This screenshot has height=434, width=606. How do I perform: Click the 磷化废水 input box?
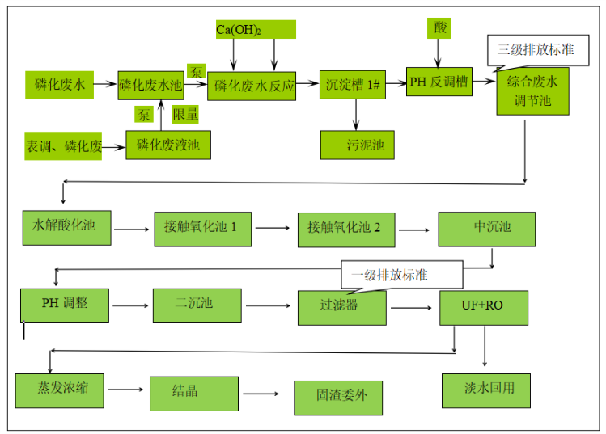pyautogui.click(x=59, y=83)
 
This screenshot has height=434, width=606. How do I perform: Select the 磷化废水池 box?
pyautogui.click(x=151, y=84)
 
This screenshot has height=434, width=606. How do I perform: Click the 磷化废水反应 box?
pyautogui.click(x=252, y=85)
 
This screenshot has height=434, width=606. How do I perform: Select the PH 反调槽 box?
pyautogui.click(x=439, y=82)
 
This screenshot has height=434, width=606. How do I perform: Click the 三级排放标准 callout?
pyautogui.click(x=536, y=49)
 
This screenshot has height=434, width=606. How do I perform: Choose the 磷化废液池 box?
pyautogui.click(x=168, y=145)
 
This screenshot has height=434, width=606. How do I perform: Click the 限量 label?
pyautogui.click(x=186, y=115)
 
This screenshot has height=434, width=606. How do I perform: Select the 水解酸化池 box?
pyautogui.click(x=66, y=227)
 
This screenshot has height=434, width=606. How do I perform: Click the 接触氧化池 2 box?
pyautogui.click(x=345, y=229)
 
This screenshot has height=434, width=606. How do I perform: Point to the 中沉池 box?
pyautogui.click(x=487, y=229)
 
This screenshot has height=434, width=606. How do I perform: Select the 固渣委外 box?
pyautogui.click(x=337, y=397)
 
